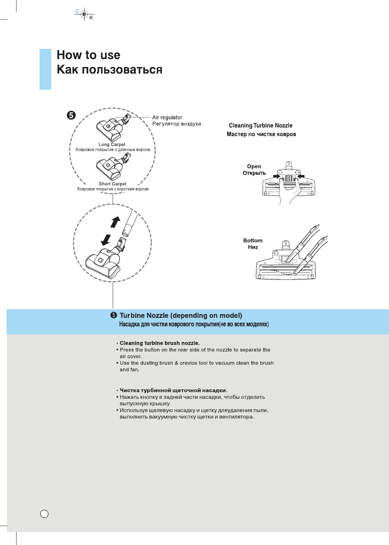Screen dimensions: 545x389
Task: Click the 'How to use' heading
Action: (88, 55)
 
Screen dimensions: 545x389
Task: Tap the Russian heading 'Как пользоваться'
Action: (109, 70)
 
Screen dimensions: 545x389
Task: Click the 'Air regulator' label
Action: (167, 118)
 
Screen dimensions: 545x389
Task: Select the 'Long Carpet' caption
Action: (112, 145)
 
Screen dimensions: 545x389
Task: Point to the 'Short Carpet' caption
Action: (112, 184)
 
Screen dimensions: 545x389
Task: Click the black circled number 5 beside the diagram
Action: (71, 115)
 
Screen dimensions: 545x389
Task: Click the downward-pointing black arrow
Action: (106, 240)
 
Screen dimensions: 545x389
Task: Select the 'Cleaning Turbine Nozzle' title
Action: (260, 125)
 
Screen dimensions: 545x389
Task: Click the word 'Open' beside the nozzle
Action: (254, 166)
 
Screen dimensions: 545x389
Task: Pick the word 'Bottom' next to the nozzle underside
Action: (253, 241)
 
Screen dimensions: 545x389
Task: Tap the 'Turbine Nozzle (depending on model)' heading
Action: (181, 315)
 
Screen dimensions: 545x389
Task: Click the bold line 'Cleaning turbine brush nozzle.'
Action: (159, 343)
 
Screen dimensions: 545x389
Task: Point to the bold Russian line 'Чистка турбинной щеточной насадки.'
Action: (173, 390)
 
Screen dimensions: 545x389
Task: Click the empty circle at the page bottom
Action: (44, 514)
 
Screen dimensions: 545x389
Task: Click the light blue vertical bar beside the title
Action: (45, 69)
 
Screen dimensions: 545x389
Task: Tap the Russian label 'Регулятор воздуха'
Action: (177, 124)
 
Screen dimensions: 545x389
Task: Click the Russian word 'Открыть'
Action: (254, 173)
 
